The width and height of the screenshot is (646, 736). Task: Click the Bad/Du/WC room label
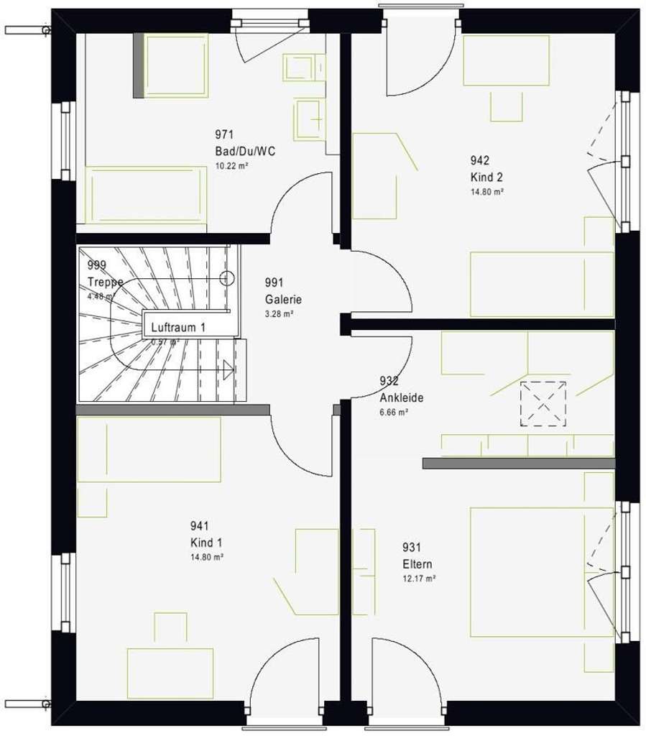(x=245, y=151)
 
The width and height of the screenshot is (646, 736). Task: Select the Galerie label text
(x=283, y=300)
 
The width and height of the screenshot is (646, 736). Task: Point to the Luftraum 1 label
(x=178, y=327)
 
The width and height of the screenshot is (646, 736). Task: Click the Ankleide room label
(x=402, y=397)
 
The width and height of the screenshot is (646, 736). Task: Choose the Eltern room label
(x=417, y=564)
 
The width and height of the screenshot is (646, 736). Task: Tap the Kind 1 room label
(x=207, y=542)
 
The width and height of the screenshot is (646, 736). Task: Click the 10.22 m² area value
(x=232, y=166)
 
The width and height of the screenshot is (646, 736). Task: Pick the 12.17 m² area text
(x=420, y=578)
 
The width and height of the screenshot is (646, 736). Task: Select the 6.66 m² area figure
(x=394, y=412)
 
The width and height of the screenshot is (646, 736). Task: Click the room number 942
(x=480, y=160)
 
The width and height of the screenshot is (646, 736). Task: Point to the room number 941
(x=200, y=526)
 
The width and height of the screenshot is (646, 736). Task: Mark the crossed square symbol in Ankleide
(x=543, y=404)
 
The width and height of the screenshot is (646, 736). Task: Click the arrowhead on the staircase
(x=229, y=371)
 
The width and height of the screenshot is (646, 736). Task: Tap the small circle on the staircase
(x=228, y=277)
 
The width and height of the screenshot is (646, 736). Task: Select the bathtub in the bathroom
(x=146, y=195)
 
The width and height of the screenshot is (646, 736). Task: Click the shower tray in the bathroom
(x=177, y=66)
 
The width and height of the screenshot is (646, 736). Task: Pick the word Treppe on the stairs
(x=105, y=282)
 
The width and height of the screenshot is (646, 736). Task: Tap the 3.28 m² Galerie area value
(x=279, y=314)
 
